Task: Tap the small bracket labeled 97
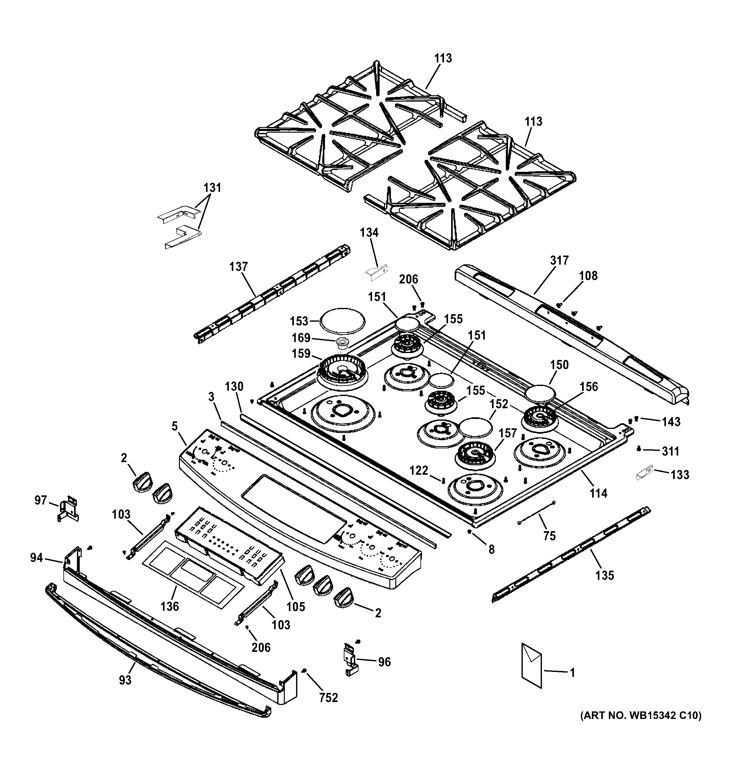tap(68, 508)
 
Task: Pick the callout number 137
tap(238, 267)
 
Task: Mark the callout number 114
tap(598, 494)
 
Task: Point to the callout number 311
tap(670, 451)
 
